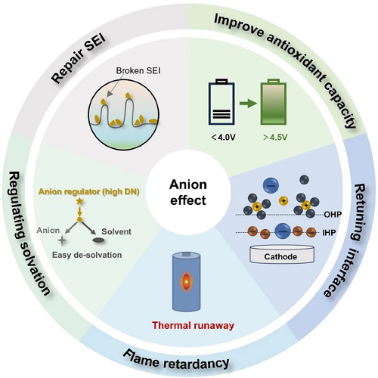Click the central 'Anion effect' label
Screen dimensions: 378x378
188,193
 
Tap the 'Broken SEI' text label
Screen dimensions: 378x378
138,71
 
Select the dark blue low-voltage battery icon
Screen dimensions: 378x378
222,102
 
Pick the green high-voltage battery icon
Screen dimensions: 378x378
274,102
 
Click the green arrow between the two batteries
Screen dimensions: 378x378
248,103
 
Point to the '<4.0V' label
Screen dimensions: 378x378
223,138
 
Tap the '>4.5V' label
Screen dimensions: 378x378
275,138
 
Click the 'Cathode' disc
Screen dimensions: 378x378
282,255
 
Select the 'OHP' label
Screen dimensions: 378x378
333,215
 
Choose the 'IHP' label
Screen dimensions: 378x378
329,232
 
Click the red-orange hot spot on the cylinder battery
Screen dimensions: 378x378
186,282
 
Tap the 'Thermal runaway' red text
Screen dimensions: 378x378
193,325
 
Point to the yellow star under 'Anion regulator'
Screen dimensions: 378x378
79,201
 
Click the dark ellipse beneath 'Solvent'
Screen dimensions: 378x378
98,240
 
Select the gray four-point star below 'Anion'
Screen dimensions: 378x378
62,241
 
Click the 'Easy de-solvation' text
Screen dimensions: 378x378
87,255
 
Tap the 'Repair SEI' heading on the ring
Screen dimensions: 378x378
78,59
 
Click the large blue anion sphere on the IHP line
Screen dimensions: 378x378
283,231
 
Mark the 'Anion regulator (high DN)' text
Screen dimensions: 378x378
89,192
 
